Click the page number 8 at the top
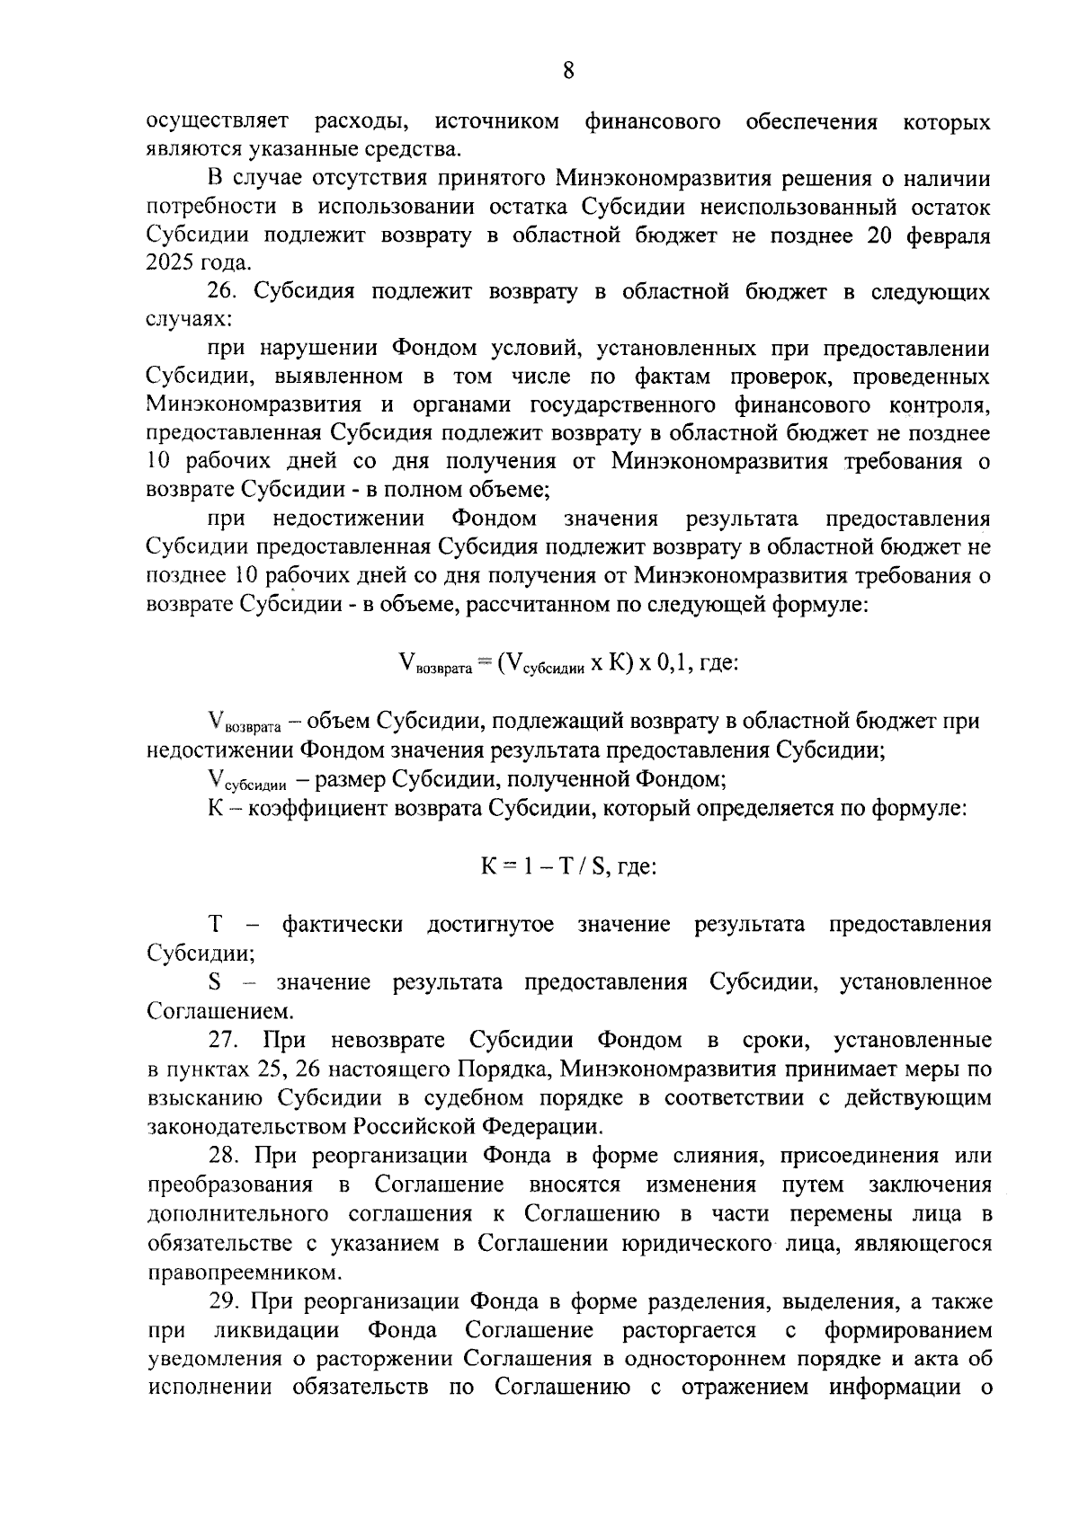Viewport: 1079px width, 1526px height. (x=567, y=71)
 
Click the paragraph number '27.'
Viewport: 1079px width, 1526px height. (x=223, y=1041)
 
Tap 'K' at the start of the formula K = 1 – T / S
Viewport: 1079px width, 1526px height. (x=488, y=867)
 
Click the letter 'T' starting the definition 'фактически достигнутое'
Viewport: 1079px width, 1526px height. (x=215, y=925)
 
